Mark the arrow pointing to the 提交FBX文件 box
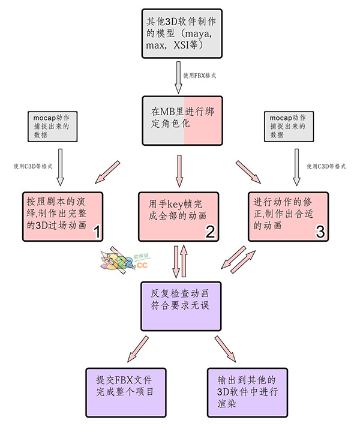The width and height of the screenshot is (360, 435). [137, 349]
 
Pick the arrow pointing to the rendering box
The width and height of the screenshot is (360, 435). [227, 349]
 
